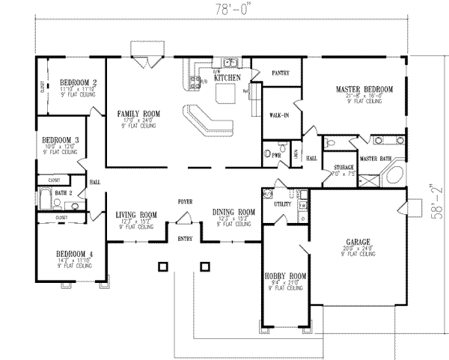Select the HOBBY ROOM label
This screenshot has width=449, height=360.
click(x=285, y=276)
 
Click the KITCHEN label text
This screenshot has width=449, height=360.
click(x=227, y=78)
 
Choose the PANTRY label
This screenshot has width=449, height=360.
click(x=281, y=73)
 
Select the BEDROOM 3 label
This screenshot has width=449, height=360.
click(x=61, y=140)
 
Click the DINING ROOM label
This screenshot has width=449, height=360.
click(x=233, y=212)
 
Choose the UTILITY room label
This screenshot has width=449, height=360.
click(x=282, y=203)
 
